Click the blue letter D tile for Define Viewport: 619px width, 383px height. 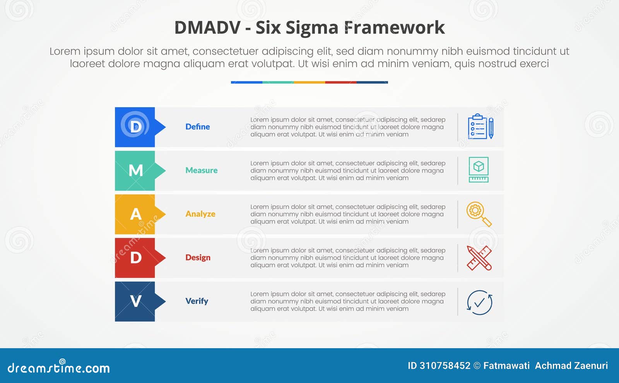(135, 127)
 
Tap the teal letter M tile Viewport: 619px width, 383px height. (135, 171)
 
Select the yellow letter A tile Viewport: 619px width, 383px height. (135, 214)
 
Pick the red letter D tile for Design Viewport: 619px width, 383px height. (135, 258)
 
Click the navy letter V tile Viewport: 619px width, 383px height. (135, 301)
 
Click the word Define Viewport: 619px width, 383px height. (197, 127)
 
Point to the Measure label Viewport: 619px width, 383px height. (201, 171)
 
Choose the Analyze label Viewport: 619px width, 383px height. (200, 214)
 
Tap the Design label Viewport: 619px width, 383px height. (198, 258)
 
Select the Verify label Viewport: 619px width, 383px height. (197, 301)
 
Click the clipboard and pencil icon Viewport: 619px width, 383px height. (480, 127)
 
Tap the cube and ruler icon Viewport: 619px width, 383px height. (479, 170)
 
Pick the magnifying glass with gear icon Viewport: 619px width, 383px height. (479, 214)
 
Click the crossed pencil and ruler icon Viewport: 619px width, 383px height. (479, 258)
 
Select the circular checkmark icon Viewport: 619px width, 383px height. (479, 303)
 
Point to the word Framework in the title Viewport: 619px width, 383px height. (394, 27)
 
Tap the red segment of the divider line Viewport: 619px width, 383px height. (340, 82)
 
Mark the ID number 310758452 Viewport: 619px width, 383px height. (445, 366)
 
